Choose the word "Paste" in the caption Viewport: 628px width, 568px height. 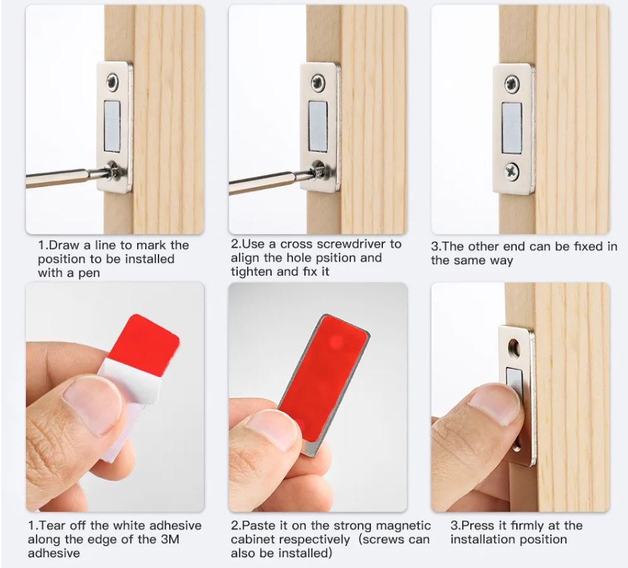coord(257,525)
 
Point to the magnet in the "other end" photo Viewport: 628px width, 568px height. coord(511,127)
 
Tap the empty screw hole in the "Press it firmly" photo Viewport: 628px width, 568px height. coord(513,346)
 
